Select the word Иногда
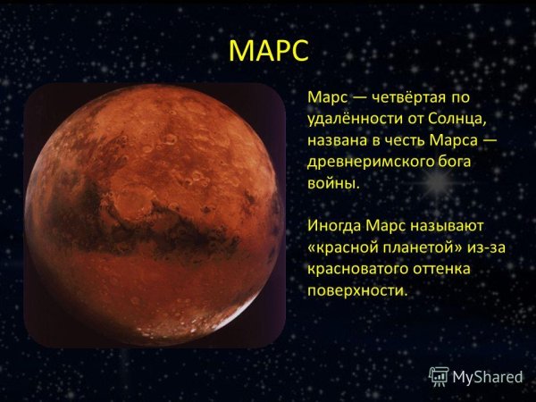(334, 224)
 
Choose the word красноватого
(360, 268)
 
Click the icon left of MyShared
(439, 375)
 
